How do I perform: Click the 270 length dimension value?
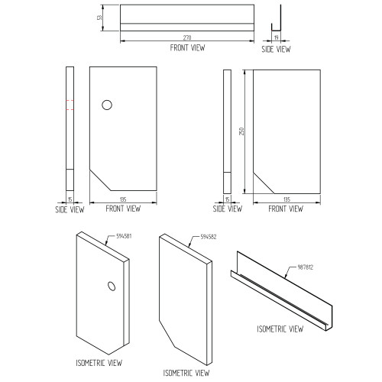(x=187, y=37)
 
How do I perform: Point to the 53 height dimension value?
(x=99, y=18)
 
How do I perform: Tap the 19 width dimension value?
(x=277, y=37)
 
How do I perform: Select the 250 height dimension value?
(x=241, y=131)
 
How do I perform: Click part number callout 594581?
(x=124, y=236)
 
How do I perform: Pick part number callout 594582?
(x=209, y=237)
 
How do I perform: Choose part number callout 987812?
(x=306, y=267)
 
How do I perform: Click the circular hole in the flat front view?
(x=107, y=105)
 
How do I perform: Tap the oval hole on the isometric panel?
(x=112, y=286)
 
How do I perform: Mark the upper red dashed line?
(x=70, y=101)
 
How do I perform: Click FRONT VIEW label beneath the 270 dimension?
(x=187, y=47)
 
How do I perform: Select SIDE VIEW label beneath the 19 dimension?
(x=276, y=49)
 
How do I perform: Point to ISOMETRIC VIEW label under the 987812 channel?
(x=280, y=329)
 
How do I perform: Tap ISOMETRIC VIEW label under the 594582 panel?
(x=186, y=373)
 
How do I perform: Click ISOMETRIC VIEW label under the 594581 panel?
(x=99, y=363)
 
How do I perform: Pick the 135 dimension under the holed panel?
(x=123, y=199)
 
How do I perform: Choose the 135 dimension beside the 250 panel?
(x=286, y=199)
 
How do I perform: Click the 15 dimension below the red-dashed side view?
(x=70, y=199)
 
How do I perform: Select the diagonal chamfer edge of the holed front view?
(x=100, y=180)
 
